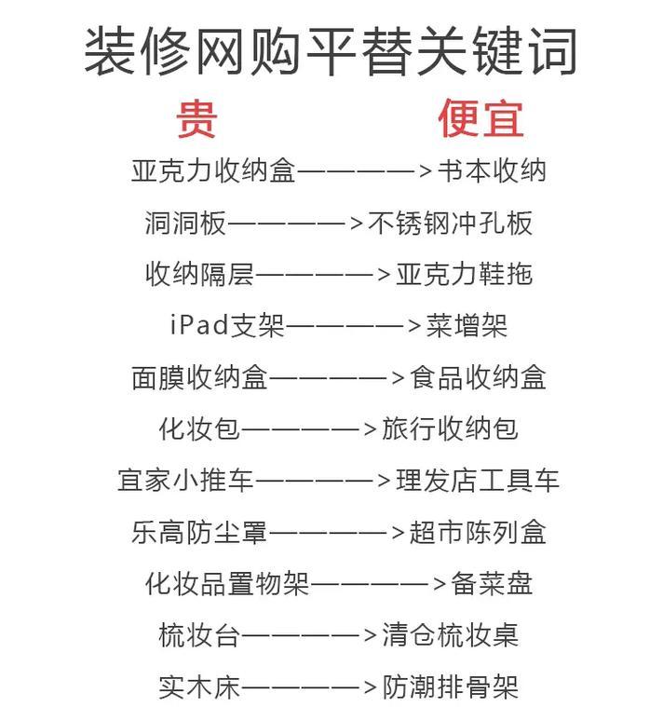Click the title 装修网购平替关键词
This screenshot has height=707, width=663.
[x=331, y=51]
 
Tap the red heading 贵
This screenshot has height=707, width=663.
[x=196, y=118]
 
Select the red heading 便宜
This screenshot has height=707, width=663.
[x=480, y=118]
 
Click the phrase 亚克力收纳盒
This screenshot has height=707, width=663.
[x=213, y=170]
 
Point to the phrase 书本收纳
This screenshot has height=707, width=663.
[x=492, y=170]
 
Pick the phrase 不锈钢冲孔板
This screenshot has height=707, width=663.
[x=451, y=223]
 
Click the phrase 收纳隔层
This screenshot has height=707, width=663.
[x=199, y=274]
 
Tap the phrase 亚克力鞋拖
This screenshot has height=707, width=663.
[x=465, y=274]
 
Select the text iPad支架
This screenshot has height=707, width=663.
[x=227, y=325]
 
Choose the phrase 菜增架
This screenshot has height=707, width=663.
[x=467, y=325]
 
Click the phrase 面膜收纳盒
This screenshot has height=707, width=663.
[x=199, y=377]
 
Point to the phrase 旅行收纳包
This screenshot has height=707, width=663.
[x=451, y=428]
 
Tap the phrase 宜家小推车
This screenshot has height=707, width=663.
[x=185, y=480]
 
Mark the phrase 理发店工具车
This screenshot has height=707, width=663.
[x=478, y=480]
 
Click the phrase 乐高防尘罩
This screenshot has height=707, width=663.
[x=199, y=532]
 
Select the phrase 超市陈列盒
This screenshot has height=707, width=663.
[x=478, y=532]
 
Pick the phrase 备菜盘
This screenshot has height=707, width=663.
[x=492, y=583]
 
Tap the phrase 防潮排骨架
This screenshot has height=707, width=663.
[x=451, y=687]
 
